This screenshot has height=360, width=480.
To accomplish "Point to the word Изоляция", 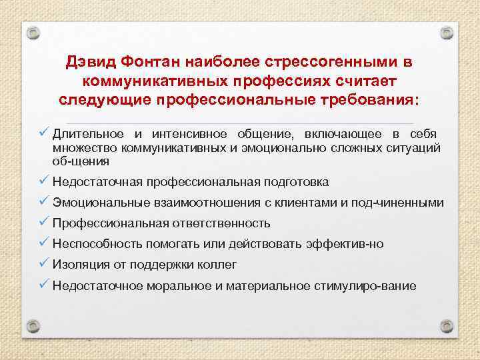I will [79, 265].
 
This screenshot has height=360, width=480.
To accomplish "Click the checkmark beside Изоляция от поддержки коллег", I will [44, 264].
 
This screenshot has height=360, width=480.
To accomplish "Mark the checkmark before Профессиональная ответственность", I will [44, 223].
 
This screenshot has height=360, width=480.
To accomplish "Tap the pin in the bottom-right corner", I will [447, 329].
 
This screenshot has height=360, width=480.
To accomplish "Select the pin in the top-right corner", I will [447, 31].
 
